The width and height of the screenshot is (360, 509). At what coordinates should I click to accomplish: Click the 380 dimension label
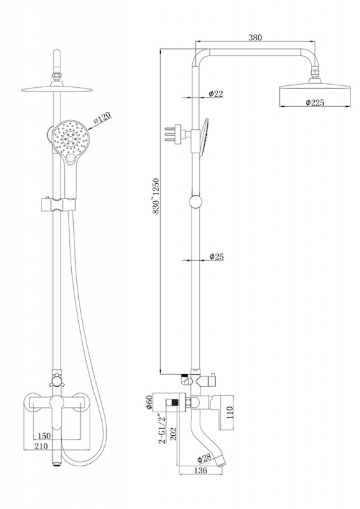pos(255,38)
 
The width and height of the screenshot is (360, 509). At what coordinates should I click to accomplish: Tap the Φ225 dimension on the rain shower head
pos(315,102)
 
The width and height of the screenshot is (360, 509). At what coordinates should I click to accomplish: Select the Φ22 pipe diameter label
pos(216,94)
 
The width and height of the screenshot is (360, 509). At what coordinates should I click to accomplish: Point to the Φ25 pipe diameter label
pos(216,257)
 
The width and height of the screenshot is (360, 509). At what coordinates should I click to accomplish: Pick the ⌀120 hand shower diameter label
pos(102,118)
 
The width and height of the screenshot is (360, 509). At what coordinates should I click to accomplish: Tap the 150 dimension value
pos(45,436)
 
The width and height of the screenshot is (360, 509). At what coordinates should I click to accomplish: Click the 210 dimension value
pos(41,446)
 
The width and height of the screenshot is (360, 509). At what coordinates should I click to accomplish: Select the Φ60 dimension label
pos(149,402)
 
